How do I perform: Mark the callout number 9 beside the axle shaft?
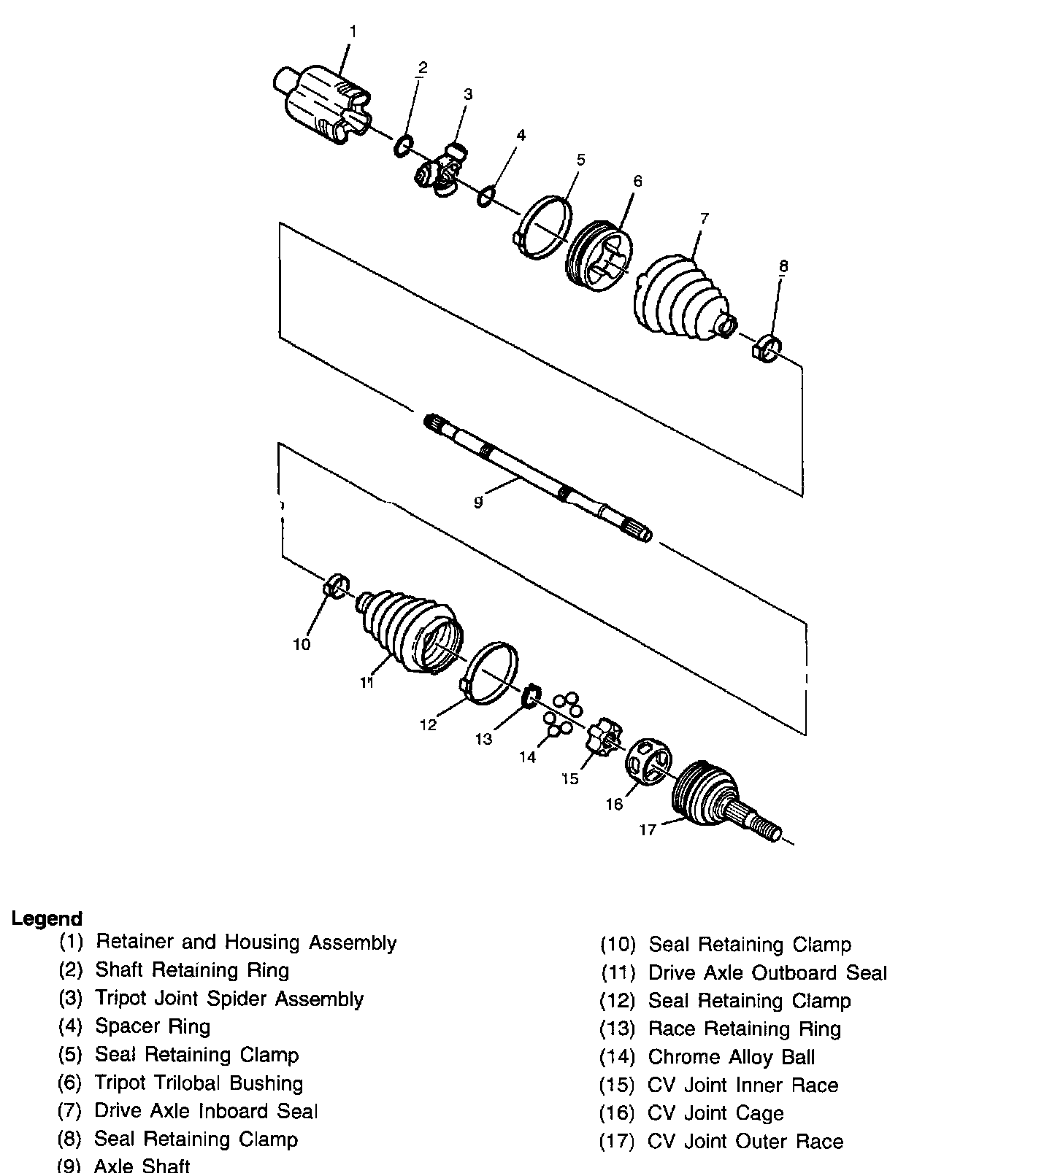click(x=478, y=502)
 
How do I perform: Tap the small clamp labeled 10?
click(x=336, y=586)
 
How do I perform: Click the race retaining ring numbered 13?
click(x=531, y=696)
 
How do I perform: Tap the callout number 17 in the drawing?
click(x=648, y=829)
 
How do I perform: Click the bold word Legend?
click(x=47, y=918)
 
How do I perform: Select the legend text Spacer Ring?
click(x=153, y=1026)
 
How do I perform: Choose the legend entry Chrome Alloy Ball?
click(x=731, y=1057)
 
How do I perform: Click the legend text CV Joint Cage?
click(x=715, y=1113)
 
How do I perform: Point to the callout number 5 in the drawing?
click(x=581, y=160)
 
